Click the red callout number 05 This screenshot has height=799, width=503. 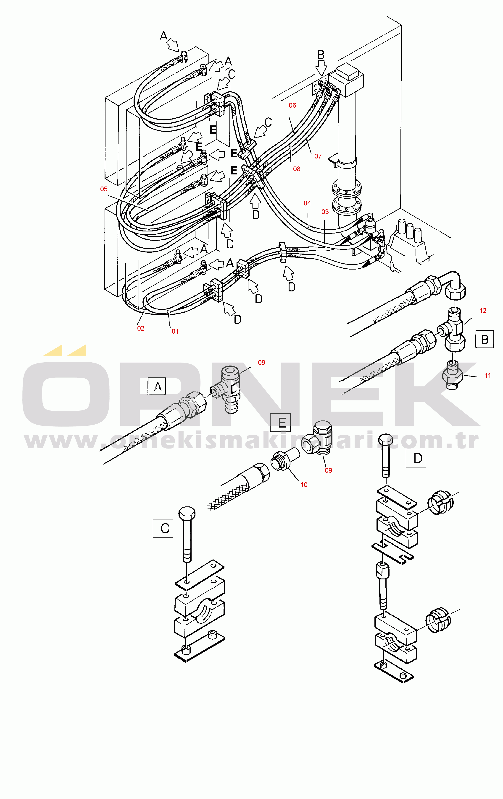[104, 189]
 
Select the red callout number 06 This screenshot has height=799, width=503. [292, 106]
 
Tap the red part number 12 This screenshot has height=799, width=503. [483, 311]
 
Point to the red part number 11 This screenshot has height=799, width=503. [488, 375]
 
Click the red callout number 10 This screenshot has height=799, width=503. [304, 485]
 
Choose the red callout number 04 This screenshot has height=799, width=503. [307, 203]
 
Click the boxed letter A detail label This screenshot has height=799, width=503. [157, 386]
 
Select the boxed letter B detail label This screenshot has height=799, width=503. [485, 339]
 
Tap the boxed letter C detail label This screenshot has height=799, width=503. [163, 528]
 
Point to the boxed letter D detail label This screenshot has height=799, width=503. [416, 458]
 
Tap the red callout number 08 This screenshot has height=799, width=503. [297, 169]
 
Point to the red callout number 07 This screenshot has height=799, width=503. [318, 156]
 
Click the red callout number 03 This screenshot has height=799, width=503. [325, 212]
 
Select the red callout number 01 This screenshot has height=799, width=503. [175, 331]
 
